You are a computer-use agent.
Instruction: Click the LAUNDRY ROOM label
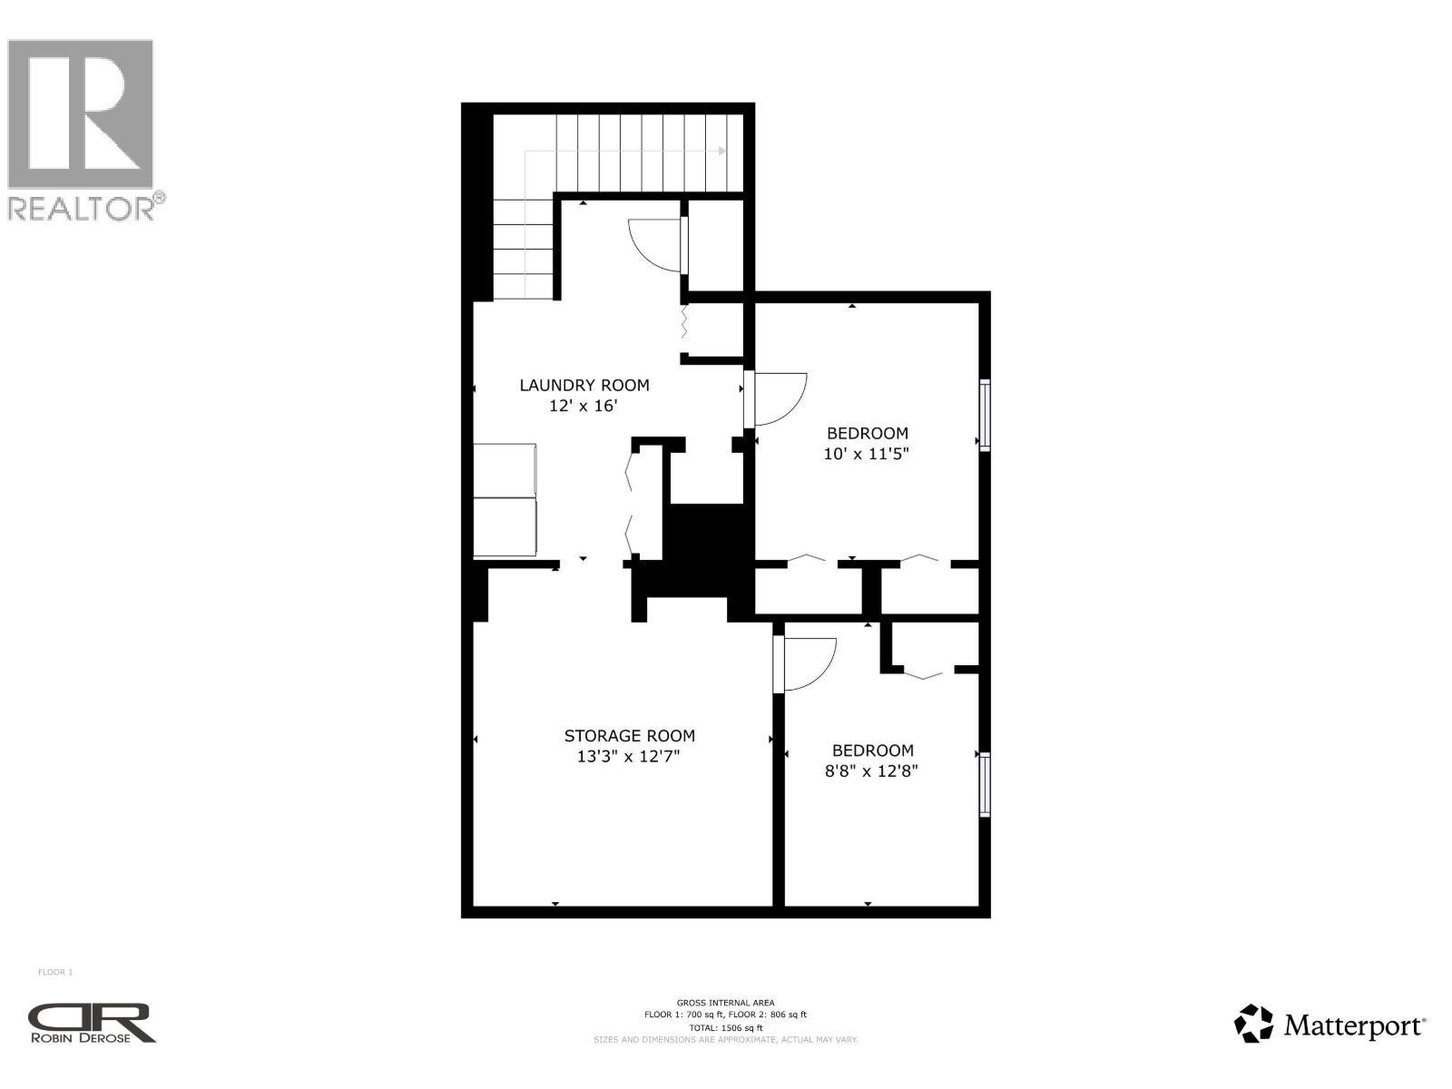point(584,385)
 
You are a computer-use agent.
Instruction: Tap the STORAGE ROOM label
point(629,736)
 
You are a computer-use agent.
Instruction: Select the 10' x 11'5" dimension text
point(866,454)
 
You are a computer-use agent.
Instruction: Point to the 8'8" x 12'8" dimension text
point(871,771)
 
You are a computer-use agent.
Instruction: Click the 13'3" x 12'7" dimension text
point(628,757)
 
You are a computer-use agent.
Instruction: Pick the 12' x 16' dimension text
point(583,407)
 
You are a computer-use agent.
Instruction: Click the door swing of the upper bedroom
point(778,399)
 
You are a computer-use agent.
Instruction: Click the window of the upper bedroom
point(984,415)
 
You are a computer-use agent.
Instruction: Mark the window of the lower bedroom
point(984,785)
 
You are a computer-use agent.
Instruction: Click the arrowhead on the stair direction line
point(722,152)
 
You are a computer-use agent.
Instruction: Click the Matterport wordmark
point(1353,1026)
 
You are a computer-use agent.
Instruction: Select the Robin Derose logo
point(92,1023)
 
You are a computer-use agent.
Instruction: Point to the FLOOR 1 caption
point(55,973)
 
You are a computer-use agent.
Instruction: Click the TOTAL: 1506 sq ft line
point(725,1027)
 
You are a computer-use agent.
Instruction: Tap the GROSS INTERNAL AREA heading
point(725,1003)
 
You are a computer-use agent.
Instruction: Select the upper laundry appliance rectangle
point(505,470)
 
